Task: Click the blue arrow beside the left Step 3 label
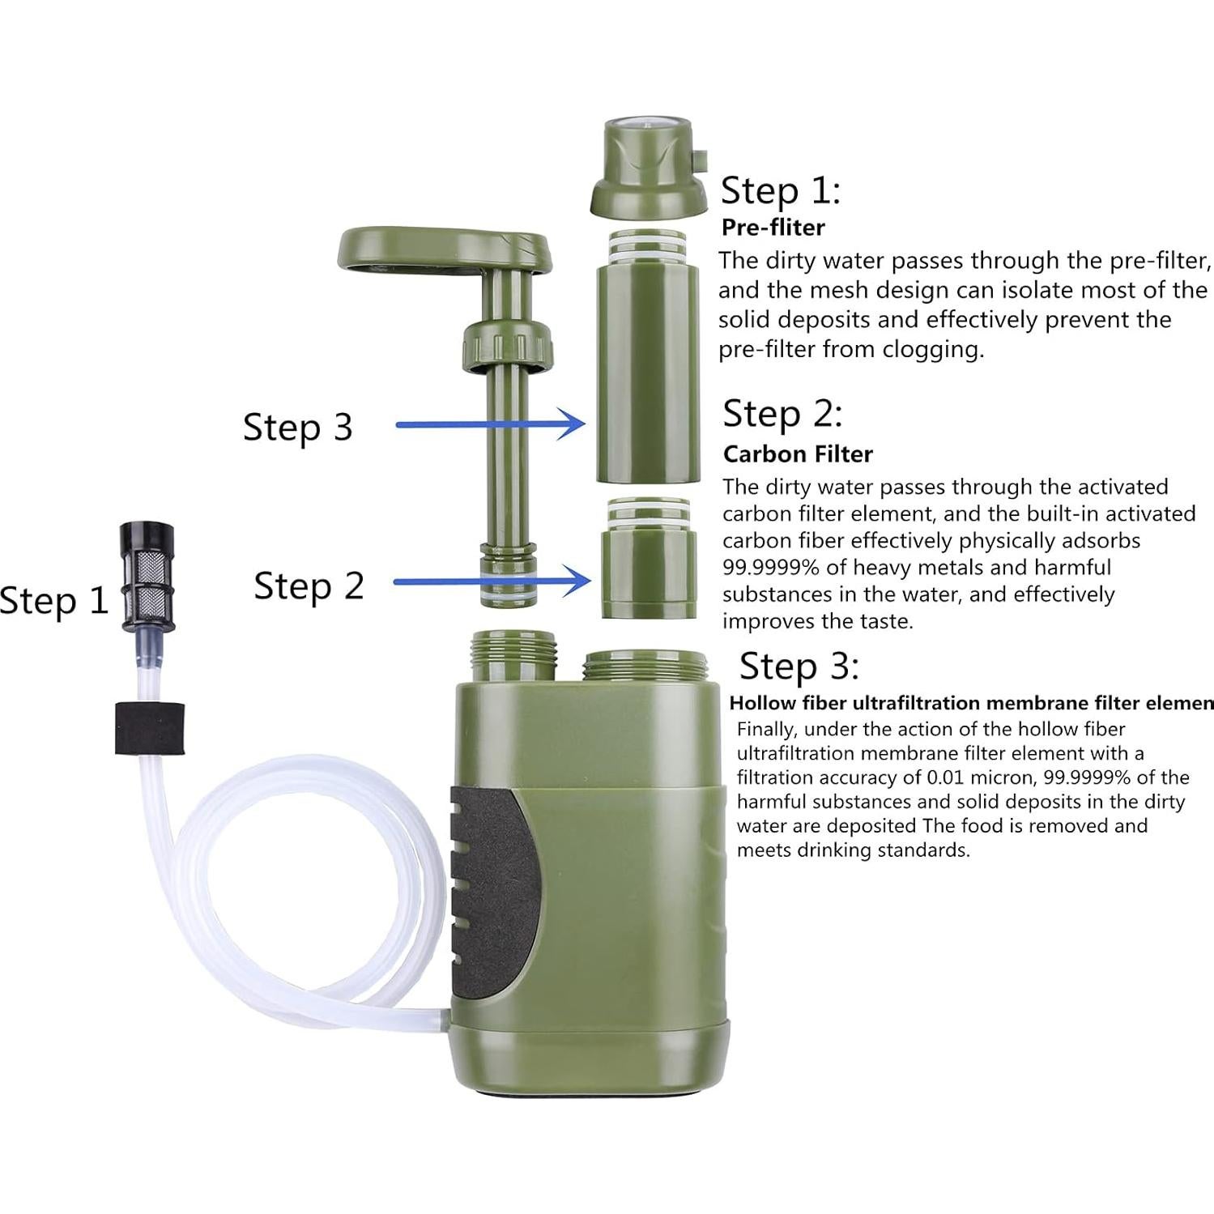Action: click(491, 424)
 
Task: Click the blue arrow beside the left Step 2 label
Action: click(492, 581)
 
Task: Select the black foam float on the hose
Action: click(149, 728)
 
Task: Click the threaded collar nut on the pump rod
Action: click(508, 344)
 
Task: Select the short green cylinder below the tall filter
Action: click(648, 559)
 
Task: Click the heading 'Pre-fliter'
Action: click(773, 228)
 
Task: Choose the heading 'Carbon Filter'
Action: click(798, 454)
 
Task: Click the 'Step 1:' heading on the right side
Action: click(781, 190)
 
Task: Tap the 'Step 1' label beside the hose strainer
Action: click(53, 601)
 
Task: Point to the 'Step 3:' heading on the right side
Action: click(799, 667)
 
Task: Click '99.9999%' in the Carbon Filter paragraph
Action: click(770, 568)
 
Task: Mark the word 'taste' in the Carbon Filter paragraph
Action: click(881, 621)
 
